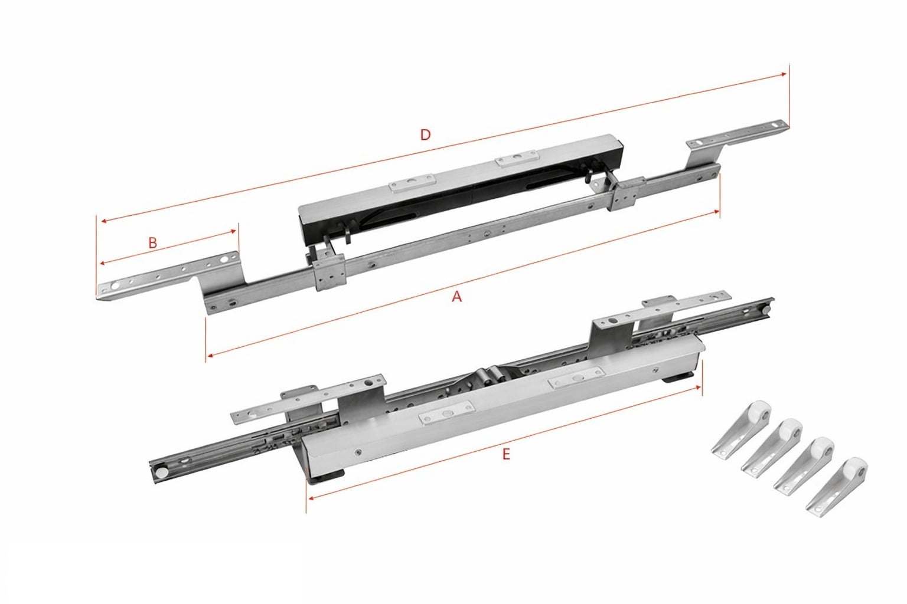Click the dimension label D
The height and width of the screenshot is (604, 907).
click(425, 134)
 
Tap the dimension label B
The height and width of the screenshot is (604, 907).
click(152, 242)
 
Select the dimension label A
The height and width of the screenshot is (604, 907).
click(456, 297)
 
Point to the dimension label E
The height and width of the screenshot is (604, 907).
click(505, 454)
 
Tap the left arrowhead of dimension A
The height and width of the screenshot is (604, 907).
click(209, 356)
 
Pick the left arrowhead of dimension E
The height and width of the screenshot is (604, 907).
click(309, 497)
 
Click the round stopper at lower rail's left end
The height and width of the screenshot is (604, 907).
click(159, 472)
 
